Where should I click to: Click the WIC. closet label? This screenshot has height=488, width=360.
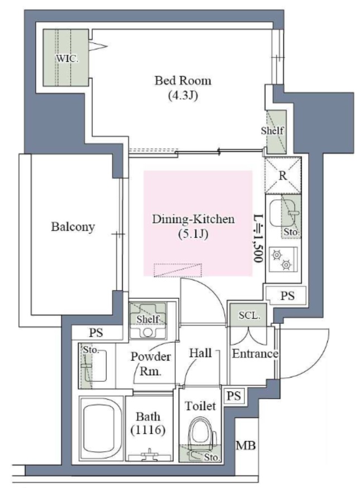[67, 58]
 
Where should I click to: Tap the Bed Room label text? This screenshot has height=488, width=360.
[183, 81]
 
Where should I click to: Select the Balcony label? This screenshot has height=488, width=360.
[73, 227]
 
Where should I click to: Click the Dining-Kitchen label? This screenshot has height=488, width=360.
[193, 219]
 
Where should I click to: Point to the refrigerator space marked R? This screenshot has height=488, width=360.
[283, 175]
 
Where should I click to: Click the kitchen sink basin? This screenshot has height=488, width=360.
[282, 213]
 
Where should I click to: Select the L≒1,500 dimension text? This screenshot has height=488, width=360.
[258, 238]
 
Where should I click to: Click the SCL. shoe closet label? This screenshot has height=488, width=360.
[249, 315]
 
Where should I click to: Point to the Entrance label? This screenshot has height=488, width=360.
[255, 353]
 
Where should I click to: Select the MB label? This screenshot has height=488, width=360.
[246, 446]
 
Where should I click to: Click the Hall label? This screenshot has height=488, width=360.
[200, 353]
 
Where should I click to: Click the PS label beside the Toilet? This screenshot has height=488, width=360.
[234, 396]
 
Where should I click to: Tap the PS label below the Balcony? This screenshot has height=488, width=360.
[96, 333]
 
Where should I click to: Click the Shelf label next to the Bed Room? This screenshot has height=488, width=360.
[272, 131]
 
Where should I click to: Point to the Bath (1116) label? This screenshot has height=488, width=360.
[148, 423]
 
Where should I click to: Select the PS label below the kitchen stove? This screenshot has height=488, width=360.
[287, 296]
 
